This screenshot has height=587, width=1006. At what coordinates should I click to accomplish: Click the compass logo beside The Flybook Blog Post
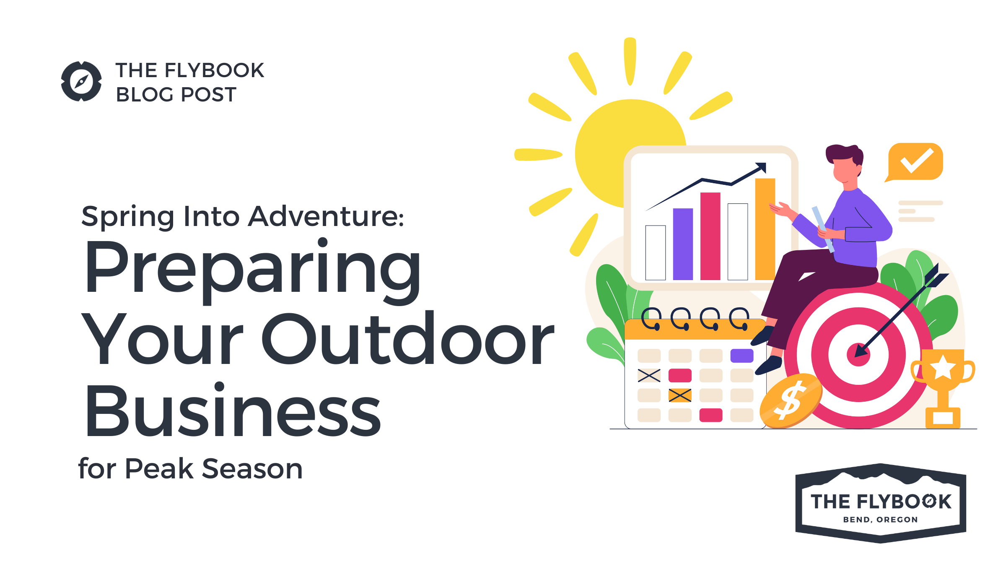81,81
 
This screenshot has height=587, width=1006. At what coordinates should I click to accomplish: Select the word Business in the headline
233,410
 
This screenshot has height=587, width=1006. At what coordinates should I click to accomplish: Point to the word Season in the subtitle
252,469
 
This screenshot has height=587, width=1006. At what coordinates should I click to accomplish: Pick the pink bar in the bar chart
710,236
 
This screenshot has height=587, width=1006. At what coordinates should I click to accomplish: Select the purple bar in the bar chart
683,244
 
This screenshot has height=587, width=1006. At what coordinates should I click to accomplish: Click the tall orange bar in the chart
765,229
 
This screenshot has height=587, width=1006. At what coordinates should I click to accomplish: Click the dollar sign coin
791,400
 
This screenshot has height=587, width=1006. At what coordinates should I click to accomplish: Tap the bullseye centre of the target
858,354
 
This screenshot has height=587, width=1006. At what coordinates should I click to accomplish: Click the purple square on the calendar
742,356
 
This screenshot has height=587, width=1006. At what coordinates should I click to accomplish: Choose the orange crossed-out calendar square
680,395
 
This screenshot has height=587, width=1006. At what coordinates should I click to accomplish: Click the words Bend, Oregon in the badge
880,519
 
